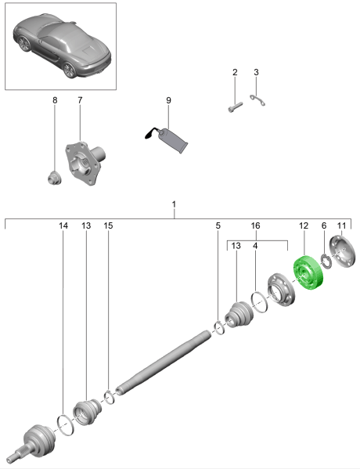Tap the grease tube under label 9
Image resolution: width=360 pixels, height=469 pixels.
[x=168, y=139]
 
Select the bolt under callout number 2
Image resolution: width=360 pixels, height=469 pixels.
[x=236, y=106]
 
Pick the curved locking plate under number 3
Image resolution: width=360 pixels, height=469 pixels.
[x=257, y=100]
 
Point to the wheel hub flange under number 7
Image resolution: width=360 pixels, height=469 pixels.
[x=85, y=163]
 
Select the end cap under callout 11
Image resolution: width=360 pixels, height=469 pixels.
[x=343, y=251]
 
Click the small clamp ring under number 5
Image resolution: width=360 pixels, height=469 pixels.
[x=220, y=327]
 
